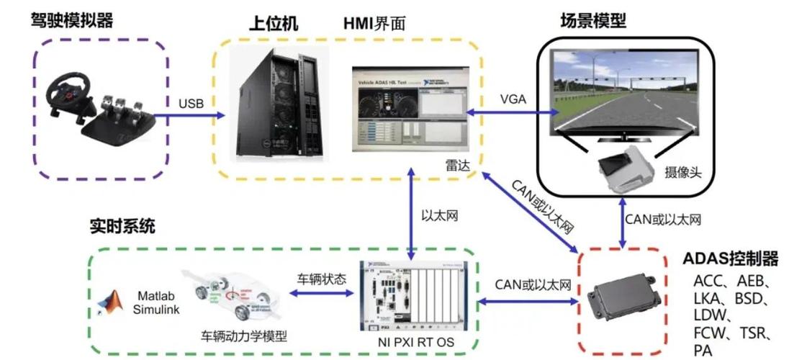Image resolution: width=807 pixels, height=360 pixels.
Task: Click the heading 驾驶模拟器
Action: (x=72, y=20)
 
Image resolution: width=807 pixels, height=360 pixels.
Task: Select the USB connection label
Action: (x=191, y=104)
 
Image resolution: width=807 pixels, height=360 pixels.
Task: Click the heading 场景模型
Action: (x=592, y=20)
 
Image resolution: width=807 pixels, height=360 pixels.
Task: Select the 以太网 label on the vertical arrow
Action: (x=438, y=215)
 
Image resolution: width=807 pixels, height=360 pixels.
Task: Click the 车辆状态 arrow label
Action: (x=322, y=278)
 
